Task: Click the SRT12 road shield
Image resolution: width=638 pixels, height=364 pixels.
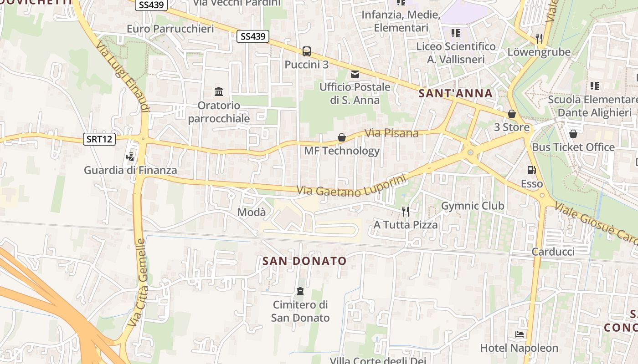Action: point(99,139)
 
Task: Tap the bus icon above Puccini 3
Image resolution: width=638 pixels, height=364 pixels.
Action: point(307,51)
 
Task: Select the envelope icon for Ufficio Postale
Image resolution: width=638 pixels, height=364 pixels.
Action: point(355,74)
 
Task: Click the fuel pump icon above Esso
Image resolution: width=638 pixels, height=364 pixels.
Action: point(531,170)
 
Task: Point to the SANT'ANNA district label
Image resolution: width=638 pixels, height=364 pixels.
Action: point(455,94)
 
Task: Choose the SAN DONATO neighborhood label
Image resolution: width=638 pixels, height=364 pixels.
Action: point(304,261)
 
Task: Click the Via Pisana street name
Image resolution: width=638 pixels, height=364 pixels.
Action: point(391,133)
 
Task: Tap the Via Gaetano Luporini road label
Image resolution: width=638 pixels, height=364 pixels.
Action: point(351,186)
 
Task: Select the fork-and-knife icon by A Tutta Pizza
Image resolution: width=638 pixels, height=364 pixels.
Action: point(405,211)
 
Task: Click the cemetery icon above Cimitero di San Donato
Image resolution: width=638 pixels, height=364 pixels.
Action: point(300,291)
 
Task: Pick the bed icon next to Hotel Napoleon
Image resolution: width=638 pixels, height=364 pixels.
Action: point(519,335)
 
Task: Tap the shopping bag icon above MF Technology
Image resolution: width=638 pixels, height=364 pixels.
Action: point(341,137)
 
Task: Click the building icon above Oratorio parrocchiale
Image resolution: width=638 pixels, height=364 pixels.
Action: point(219,92)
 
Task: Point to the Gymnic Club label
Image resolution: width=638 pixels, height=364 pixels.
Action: point(473,206)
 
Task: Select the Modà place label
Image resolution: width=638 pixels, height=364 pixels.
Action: point(252,212)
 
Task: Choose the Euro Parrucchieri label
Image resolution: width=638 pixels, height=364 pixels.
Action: point(170,29)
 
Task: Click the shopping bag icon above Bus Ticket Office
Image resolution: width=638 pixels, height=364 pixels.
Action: point(573,134)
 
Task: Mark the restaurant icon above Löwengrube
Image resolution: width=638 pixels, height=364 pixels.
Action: point(539,38)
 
